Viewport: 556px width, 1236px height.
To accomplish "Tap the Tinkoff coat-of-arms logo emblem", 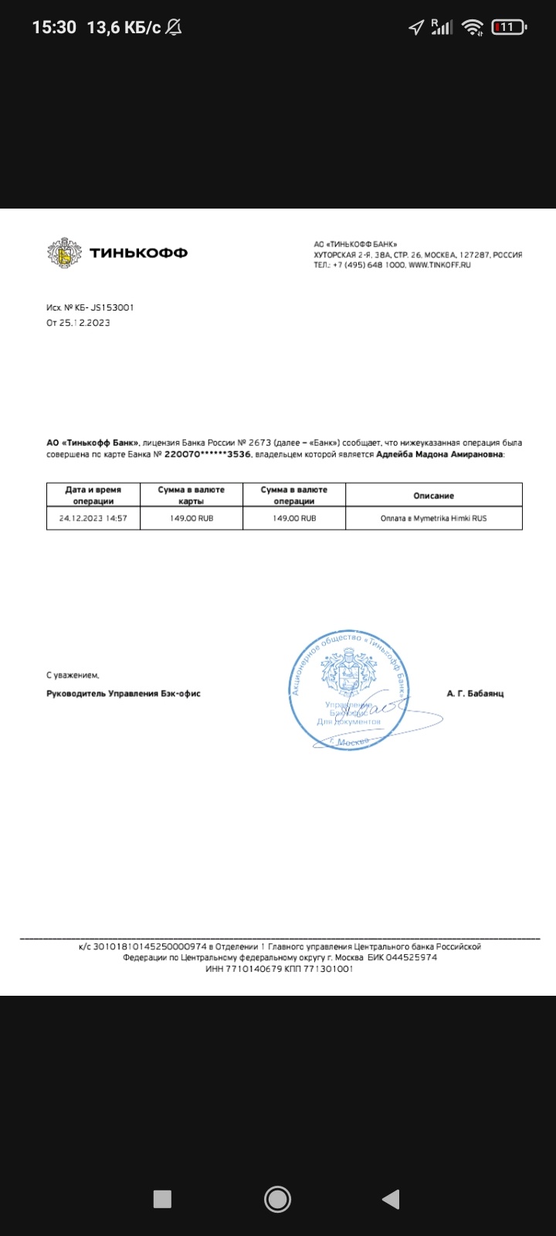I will (64, 253).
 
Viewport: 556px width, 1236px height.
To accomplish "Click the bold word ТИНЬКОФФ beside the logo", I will (138, 253).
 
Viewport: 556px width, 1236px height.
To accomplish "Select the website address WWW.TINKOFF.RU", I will (439, 265).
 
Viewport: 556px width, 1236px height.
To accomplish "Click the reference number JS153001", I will (114, 307).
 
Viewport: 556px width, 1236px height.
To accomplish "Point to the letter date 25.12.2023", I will (84, 323).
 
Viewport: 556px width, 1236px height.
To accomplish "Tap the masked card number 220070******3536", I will (207, 455).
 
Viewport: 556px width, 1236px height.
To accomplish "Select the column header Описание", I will (433, 495).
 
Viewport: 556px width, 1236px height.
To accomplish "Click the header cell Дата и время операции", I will (93, 495).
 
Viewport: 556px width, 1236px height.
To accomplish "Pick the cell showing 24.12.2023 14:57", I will (93, 518).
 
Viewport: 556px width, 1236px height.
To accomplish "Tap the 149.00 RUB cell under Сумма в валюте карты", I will (192, 518).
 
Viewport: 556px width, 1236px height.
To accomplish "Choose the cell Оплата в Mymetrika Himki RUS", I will (433, 518).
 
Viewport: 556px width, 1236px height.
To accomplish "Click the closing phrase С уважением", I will (73, 675).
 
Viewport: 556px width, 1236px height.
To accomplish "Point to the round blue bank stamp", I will (350, 689).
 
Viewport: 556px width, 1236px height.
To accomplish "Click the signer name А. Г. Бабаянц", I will (475, 694).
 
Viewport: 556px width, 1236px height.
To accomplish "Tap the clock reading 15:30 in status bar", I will (54, 28).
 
